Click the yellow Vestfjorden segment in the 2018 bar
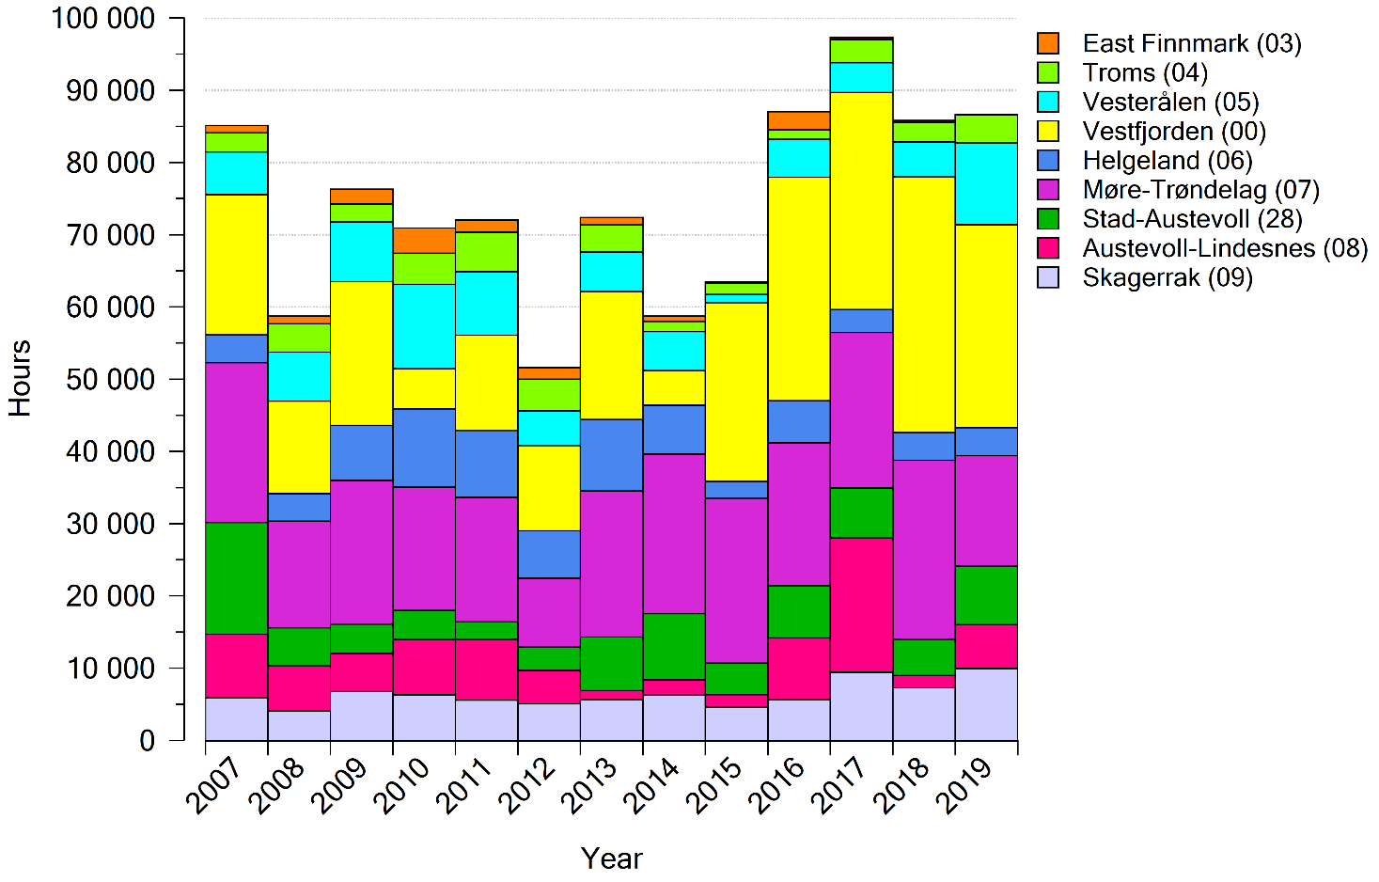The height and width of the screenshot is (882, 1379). coord(923,304)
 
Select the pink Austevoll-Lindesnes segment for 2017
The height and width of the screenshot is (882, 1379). coord(861,605)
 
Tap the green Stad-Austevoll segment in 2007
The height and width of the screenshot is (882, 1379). coord(236,578)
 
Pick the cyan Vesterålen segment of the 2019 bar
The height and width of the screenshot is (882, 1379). coord(986,183)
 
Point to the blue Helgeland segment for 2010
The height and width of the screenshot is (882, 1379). coord(424,448)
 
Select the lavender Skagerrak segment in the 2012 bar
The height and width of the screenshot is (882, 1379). coord(549,722)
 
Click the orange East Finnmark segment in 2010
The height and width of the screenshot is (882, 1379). coord(424,240)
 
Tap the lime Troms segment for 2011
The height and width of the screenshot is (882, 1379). coord(486,251)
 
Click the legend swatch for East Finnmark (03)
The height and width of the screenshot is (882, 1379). coord(1048,43)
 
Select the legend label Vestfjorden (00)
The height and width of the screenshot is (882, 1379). coord(1174,132)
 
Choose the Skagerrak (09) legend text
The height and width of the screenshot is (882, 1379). coord(1167,277)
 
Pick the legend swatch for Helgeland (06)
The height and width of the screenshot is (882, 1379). coord(1048,161)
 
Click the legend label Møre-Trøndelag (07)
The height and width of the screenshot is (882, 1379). coord(1200,190)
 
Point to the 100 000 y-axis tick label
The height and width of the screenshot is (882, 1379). coord(104,19)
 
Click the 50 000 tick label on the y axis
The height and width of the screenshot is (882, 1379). coord(110,380)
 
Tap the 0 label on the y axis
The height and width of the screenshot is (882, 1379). coord(147,741)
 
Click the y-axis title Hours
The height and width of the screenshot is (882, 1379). coord(20,379)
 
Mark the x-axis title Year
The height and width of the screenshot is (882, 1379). coord(611,858)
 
